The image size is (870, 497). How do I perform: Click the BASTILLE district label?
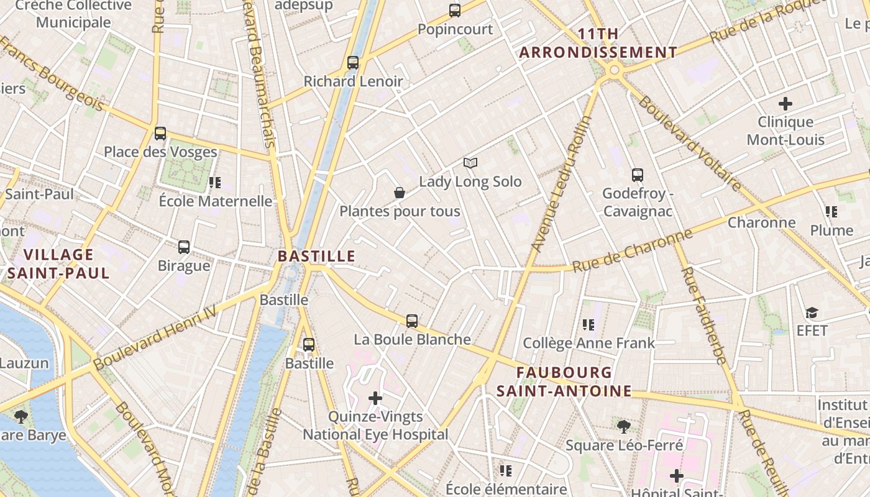pyautogui.click(x=316, y=256)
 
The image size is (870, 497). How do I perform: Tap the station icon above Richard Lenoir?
pyautogui.click(x=353, y=63)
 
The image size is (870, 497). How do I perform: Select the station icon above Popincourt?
pyautogui.click(x=455, y=11)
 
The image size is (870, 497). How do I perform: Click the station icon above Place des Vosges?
pyautogui.click(x=160, y=133)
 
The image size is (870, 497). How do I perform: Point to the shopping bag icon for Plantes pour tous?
pyautogui.click(x=400, y=193)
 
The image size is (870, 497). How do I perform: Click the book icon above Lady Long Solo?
pyautogui.click(x=470, y=163)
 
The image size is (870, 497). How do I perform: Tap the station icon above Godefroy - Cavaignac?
pyautogui.click(x=638, y=175)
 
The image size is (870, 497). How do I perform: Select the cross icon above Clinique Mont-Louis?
pyautogui.click(x=785, y=103)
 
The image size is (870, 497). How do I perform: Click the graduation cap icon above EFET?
pyautogui.click(x=812, y=312)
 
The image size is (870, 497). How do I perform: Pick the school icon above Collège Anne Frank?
pyautogui.click(x=588, y=324)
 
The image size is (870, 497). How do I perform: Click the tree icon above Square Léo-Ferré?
pyautogui.click(x=624, y=427)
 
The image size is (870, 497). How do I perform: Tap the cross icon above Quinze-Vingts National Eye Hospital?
pyautogui.click(x=375, y=398)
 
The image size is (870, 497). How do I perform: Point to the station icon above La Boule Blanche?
pyautogui.click(x=412, y=321)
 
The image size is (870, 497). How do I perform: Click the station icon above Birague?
pyautogui.click(x=184, y=247)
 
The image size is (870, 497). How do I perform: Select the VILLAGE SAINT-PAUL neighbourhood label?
pyautogui.click(x=58, y=263)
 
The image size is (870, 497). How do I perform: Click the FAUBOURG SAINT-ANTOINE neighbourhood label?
pyautogui.click(x=564, y=381)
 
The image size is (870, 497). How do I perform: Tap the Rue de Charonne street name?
pyautogui.click(x=632, y=251)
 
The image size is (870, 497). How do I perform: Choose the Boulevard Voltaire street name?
pyautogui.click(x=690, y=144)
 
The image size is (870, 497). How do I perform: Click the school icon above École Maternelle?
pyautogui.click(x=215, y=183)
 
